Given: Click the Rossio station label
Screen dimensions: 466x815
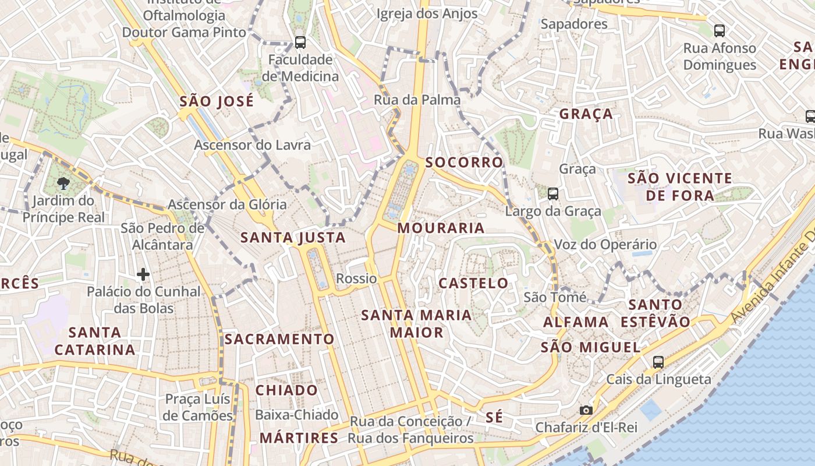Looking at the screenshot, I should click(356, 278).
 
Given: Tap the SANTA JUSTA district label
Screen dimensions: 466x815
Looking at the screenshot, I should click(293, 238).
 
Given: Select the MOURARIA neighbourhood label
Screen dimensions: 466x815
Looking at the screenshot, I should click(441, 228).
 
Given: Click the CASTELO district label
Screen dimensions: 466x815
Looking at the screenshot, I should click(473, 284).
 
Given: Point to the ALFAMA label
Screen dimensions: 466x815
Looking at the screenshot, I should click(576, 322).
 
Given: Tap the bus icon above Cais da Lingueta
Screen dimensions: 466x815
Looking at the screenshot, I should click(658, 362).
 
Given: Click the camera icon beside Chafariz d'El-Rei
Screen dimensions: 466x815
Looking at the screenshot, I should click(586, 410).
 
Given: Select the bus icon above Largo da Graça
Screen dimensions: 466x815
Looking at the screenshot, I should click(552, 193).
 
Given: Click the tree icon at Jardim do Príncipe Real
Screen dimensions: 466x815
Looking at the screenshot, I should click(62, 184).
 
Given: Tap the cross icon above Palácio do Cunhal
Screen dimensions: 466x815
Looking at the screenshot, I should click(143, 274).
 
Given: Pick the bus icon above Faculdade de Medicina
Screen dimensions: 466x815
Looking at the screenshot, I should click(300, 42).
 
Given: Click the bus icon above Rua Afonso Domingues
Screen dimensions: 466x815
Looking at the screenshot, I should click(719, 31).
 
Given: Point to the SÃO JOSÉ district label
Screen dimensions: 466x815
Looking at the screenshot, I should click(217, 101).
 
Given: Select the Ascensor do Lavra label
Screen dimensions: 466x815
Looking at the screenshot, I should click(252, 144).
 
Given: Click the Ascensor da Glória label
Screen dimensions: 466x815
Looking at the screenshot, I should click(227, 204).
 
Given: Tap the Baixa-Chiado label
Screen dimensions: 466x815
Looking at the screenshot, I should click(297, 415).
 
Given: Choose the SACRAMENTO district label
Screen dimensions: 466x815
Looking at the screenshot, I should click(279, 339).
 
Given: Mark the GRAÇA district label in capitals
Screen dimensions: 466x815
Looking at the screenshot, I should click(586, 114).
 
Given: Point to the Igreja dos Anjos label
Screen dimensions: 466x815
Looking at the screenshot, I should click(427, 13).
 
